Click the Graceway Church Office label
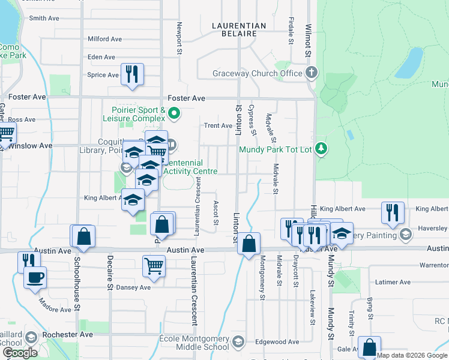(x=258, y=74)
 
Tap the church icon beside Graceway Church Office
(x=311, y=73)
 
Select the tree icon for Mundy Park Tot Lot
(x=322, y=148)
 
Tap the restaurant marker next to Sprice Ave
(x=131, y=74)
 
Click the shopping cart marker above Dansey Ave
(x=154, y=265)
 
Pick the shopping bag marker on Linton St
(x=249, y=244)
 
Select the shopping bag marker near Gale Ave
(x=369, y=347)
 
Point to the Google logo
(x=19, y=353)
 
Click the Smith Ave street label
(x=44, y=19)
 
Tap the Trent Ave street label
(x=218, y=126)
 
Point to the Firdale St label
(x=291, y=30)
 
